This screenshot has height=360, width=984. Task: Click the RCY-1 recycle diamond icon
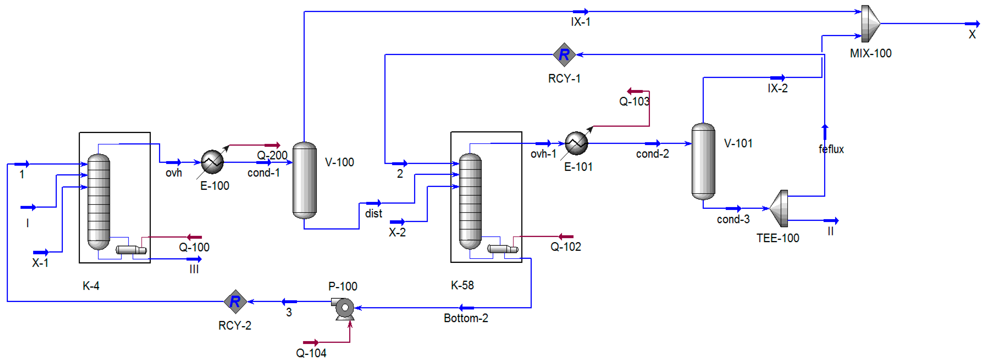564,55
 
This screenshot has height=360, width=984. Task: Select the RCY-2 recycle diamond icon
235,302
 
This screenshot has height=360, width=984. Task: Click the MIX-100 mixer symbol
870,24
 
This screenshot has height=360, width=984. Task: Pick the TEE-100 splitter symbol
779,208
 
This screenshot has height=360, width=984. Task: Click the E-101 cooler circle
576,143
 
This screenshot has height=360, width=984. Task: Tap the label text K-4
91,286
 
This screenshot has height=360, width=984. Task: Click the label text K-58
462,285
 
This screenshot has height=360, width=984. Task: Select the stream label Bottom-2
466,318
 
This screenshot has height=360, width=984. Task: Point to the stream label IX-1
580,22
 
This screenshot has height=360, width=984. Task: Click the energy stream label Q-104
311,353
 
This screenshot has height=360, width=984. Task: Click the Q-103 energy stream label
634,101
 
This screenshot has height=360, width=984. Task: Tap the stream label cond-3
733,219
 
